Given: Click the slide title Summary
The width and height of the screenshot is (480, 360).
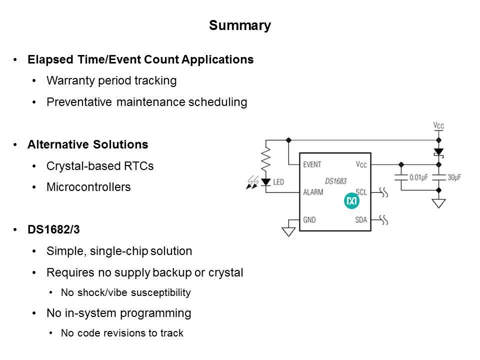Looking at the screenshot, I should [240, 25].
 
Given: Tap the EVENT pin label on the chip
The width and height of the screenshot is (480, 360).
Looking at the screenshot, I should [312, 164].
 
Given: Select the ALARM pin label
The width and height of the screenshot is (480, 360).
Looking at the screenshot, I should [313, 192].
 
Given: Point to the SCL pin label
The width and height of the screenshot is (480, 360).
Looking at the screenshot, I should [361, 192].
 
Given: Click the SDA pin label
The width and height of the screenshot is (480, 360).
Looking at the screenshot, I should [361, 219].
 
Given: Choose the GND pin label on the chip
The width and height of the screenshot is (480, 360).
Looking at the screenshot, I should [310, 219].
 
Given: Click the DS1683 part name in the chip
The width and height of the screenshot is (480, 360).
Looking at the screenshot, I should [335, 181].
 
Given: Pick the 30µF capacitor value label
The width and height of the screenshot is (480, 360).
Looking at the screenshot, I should [453, 177].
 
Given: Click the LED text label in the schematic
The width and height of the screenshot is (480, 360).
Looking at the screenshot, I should [278, 182].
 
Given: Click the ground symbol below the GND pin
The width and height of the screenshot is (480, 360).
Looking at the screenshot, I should [288, 231].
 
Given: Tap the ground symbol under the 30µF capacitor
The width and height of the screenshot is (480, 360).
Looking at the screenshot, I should [438, 203].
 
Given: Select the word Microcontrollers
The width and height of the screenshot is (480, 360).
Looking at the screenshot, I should [88, 187].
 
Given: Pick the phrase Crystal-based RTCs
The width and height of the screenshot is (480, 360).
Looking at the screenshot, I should [100, 166].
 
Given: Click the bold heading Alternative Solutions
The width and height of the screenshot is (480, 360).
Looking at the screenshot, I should [88, 145].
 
